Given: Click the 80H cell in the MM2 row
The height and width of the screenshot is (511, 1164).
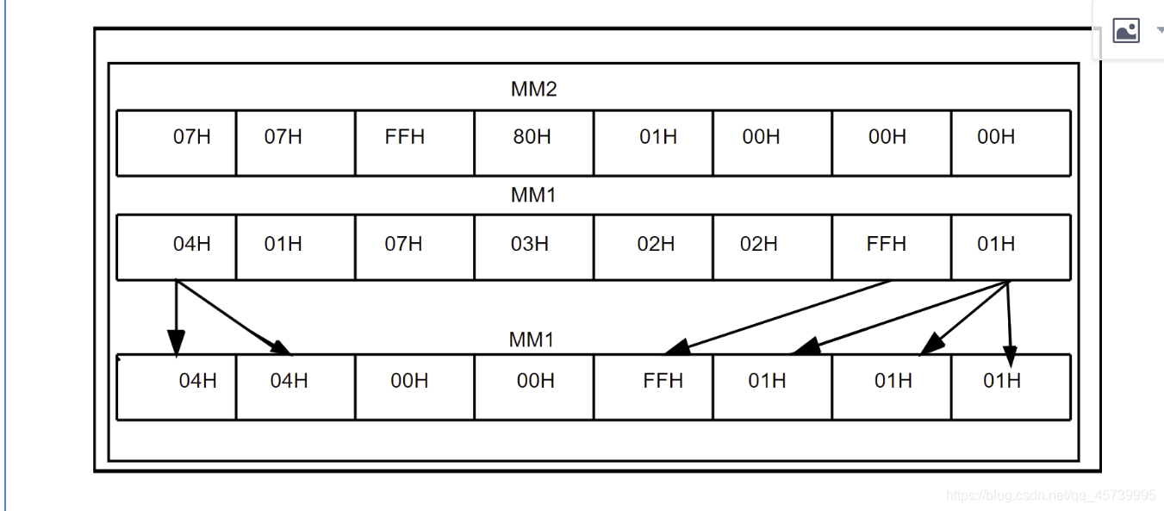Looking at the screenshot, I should pyautogui.click(x=532, y=138).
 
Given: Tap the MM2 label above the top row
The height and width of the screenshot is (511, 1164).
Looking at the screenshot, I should pyautogui.click(x=534, y=89).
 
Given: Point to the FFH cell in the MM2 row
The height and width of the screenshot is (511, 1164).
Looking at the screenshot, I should pyautogui.click(x=405, y=138).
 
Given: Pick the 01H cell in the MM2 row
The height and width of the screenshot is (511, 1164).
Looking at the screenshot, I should pyautogui.click(x=658, y=138).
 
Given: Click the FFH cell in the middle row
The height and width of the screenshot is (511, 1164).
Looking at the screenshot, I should pyautogui.click(x=887, y=245).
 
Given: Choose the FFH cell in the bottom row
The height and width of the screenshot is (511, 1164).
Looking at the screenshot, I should pyautogui.click(x=662, y=381).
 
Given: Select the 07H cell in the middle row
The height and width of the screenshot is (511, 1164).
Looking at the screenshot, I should pyautogui.click(x=404, y=245).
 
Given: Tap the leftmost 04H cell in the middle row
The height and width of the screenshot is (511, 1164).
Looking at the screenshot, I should pyautogui.click(x=191, y=245).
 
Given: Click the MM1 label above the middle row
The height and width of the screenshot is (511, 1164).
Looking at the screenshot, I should pyautogui.click(x=534, y=196).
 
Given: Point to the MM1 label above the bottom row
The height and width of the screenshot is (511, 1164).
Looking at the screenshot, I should pyautogui.click(x=532, y=340).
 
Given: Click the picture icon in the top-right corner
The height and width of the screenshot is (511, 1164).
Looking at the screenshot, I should pyautogui.click(x=1126, y=31).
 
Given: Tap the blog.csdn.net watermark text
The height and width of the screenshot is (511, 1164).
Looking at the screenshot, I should pyautogui.click(x=1051, y=495).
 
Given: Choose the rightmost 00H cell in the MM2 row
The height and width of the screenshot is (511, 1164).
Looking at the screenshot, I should pyautogui.click(x=996, y=138).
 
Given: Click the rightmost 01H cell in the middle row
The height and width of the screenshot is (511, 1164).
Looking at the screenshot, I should pyautogui.click(x=996, y=245).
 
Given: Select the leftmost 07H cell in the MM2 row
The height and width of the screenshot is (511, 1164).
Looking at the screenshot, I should pyautogui.click(x=191, y=138).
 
